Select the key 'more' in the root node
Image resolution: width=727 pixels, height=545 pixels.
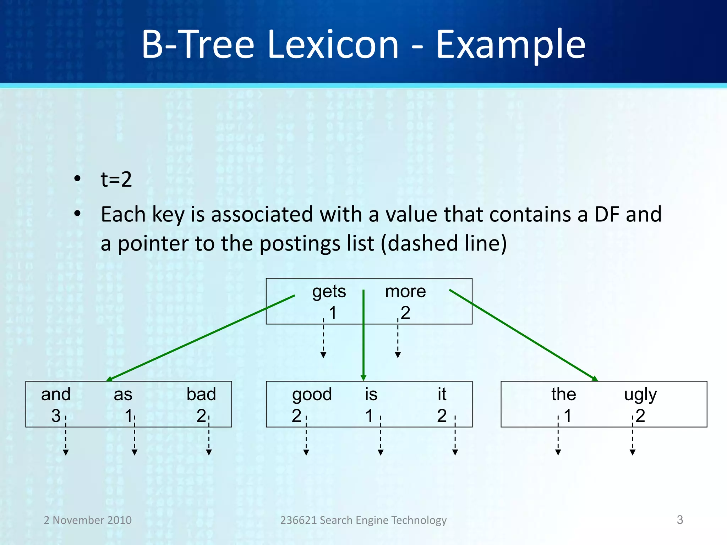tap(405, 292)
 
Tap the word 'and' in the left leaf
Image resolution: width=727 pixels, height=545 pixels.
tap(56, 395)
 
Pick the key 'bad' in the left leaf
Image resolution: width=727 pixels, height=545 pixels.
tap(201, 395)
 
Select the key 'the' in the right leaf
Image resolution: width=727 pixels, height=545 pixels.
tap(563, 395)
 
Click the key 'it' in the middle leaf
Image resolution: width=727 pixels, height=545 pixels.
tap(442, 395)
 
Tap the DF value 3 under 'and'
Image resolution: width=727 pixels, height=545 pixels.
tap(56, 416)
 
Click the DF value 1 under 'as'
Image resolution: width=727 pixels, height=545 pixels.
tap(128, 416)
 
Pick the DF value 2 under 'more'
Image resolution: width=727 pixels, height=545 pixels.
tap(405, 313)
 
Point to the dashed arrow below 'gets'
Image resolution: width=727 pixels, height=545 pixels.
tap(323, 341)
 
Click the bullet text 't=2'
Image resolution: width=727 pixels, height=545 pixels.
tap(116, 179)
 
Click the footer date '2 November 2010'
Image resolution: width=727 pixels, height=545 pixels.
tap(88, 520)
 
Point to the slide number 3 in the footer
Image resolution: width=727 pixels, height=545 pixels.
tap(679, 520)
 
